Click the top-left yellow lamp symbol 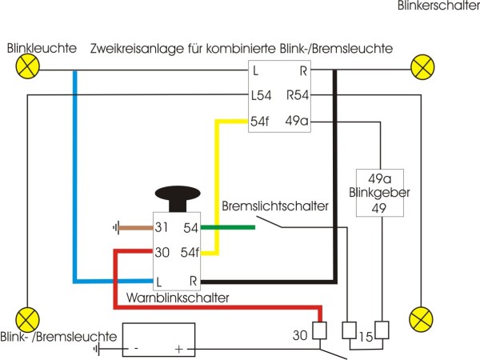pyautogui.click(x=27, y=69)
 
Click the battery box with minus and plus pyautogui.click(x=157, y=341)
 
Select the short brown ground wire pyautogui.click(x=134, y=228)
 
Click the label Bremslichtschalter pyautogui.click(x=276, y=206)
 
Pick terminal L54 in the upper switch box pyautogui.click(x=262, y=96)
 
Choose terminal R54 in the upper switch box pyautogui.click(x=298, y=96)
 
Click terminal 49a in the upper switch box pyautogui.click(x=297, y=122)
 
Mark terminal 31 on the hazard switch pyautogui.click(x=162, y=228)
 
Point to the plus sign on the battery pyautogui.click(x=179, y=350)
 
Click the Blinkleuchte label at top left pyautogui.click(x=42, y=49)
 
